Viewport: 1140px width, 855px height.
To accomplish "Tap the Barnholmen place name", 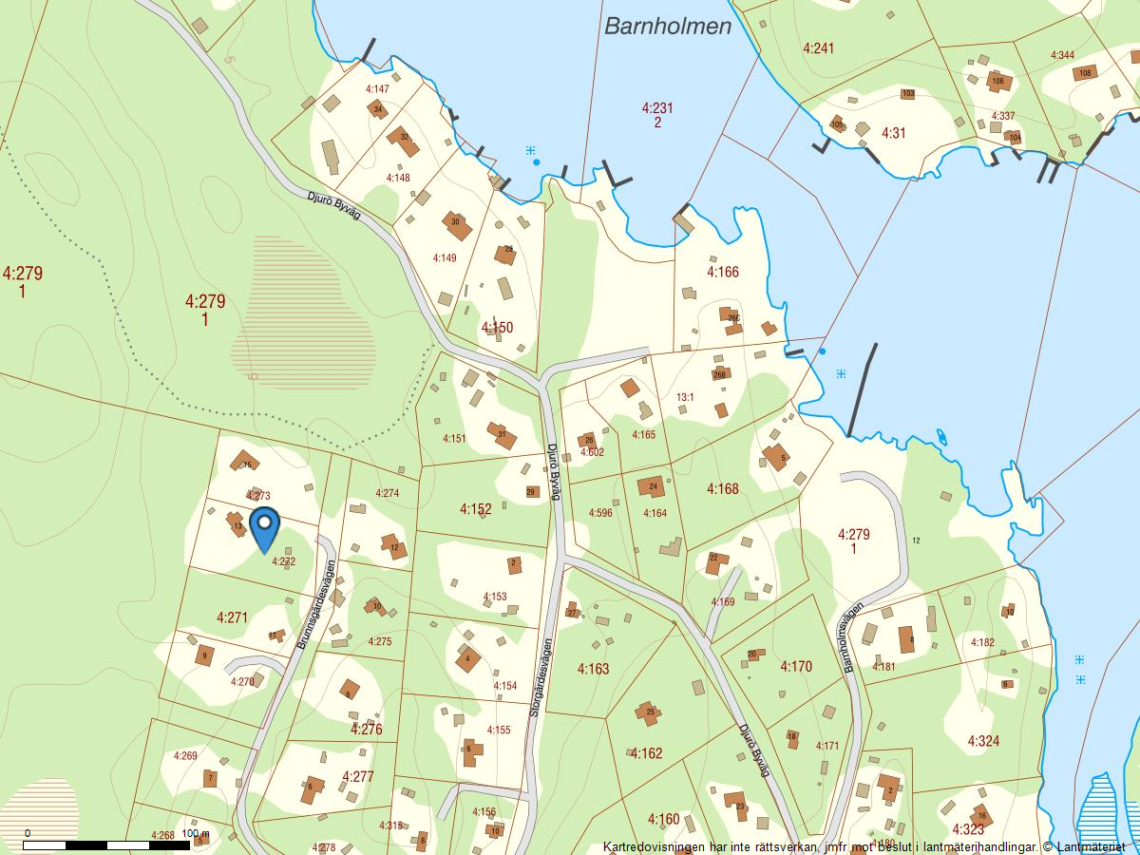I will [668, 26].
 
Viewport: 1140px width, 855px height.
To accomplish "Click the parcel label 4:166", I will [722, 272].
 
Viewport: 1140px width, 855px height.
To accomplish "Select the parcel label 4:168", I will [722, 488].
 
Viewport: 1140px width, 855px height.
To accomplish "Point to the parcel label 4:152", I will [475, 509].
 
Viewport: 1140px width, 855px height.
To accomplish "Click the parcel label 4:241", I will [818, 47].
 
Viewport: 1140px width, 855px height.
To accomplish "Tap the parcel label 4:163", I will [593, 669].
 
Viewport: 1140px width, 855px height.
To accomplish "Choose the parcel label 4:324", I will [983, 740].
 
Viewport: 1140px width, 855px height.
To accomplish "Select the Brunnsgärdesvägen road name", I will [315, 605].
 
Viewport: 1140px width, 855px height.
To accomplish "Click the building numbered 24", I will [653, 486].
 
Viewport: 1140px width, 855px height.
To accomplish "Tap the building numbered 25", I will [651, 710].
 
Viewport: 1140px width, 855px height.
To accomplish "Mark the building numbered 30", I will [456, 223].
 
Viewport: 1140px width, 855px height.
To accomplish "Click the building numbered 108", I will [1085, 72].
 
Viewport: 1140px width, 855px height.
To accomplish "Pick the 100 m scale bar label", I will [195, 833].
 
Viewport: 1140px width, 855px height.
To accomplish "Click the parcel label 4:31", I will [894, 133].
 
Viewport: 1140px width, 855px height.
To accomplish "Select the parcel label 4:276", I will [366, 730].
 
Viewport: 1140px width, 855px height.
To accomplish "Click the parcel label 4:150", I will [497, 328].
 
